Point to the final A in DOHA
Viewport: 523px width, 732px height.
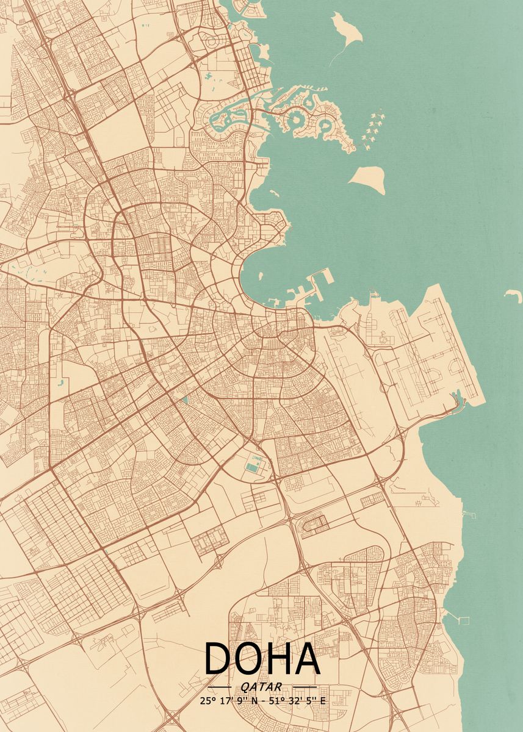tap(307, 658)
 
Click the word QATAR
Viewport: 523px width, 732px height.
tap(262, 686)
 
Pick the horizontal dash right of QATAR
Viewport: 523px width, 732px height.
tap(305, 687)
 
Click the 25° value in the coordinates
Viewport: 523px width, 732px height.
tap(206, 701)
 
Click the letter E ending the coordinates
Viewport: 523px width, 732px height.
tap(323, 701)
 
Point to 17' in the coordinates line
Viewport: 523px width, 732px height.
tap(222, 701)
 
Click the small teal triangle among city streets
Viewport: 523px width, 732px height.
tap(184, 400)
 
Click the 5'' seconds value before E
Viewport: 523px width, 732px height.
tap(308, 701)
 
